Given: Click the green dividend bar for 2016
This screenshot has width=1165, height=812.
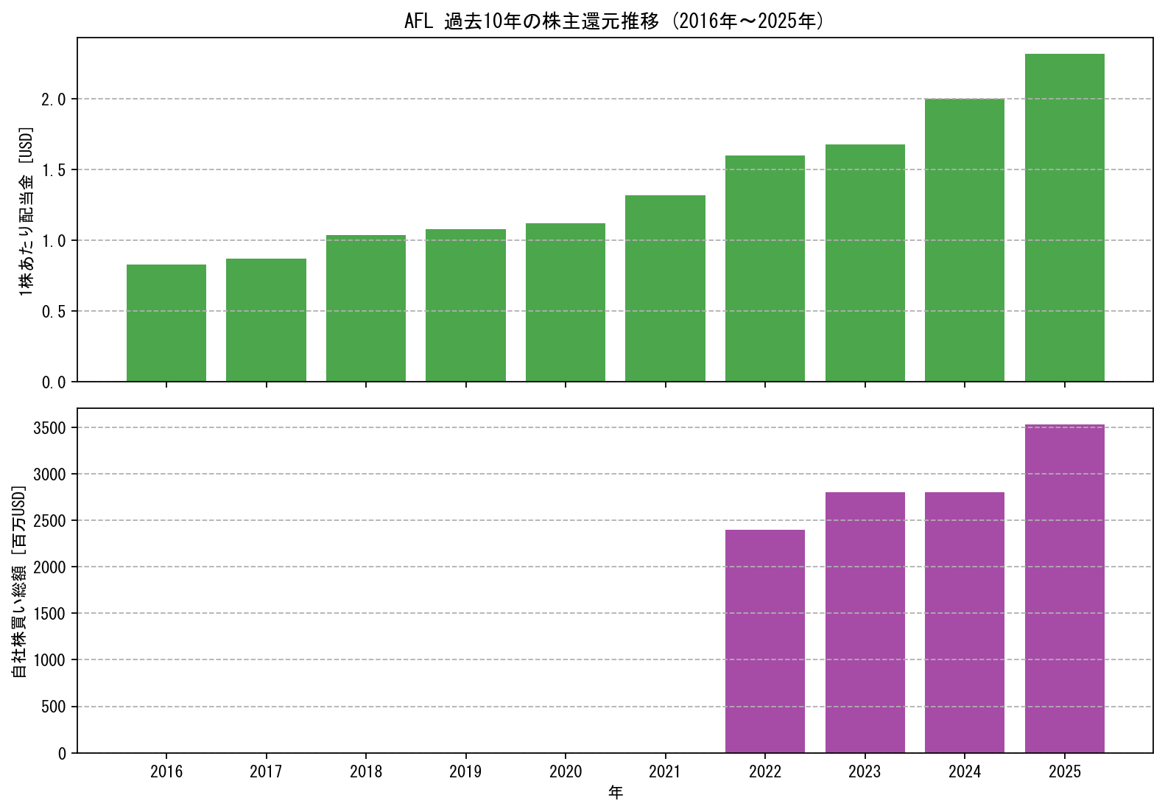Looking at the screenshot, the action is pos(166,323).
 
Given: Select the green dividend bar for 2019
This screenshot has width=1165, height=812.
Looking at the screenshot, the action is pos(466,306).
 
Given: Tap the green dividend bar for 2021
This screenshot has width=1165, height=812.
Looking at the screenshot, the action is pos(665,288).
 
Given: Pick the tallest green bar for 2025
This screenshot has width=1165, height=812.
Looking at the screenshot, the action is pos(1065,217).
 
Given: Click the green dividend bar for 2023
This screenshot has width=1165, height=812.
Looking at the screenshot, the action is pos(865,263).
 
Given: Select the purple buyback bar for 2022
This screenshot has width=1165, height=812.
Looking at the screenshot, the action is pos(765,641).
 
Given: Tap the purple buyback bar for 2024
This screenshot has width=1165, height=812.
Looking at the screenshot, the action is pos(965,623).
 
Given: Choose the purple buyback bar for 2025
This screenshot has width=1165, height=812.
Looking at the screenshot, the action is pos(1065,589).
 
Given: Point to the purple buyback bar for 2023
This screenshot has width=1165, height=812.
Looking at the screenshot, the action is pos(865,623).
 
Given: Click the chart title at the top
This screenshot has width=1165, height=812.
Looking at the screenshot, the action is pos(615,21).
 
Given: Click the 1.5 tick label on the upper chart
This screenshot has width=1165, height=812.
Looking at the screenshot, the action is pos(54,169).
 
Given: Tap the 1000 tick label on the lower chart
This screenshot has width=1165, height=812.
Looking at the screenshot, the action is pos(49,660).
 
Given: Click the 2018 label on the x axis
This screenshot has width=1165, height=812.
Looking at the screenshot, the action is pos(366,771).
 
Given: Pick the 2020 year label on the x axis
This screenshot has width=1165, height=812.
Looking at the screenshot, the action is pos(566,771).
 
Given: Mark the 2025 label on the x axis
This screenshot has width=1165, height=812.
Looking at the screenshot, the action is pos(1065,771).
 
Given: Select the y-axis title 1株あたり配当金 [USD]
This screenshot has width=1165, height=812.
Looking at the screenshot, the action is pos(26,211).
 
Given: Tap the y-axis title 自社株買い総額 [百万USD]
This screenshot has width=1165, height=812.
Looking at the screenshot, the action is pos(18,581).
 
